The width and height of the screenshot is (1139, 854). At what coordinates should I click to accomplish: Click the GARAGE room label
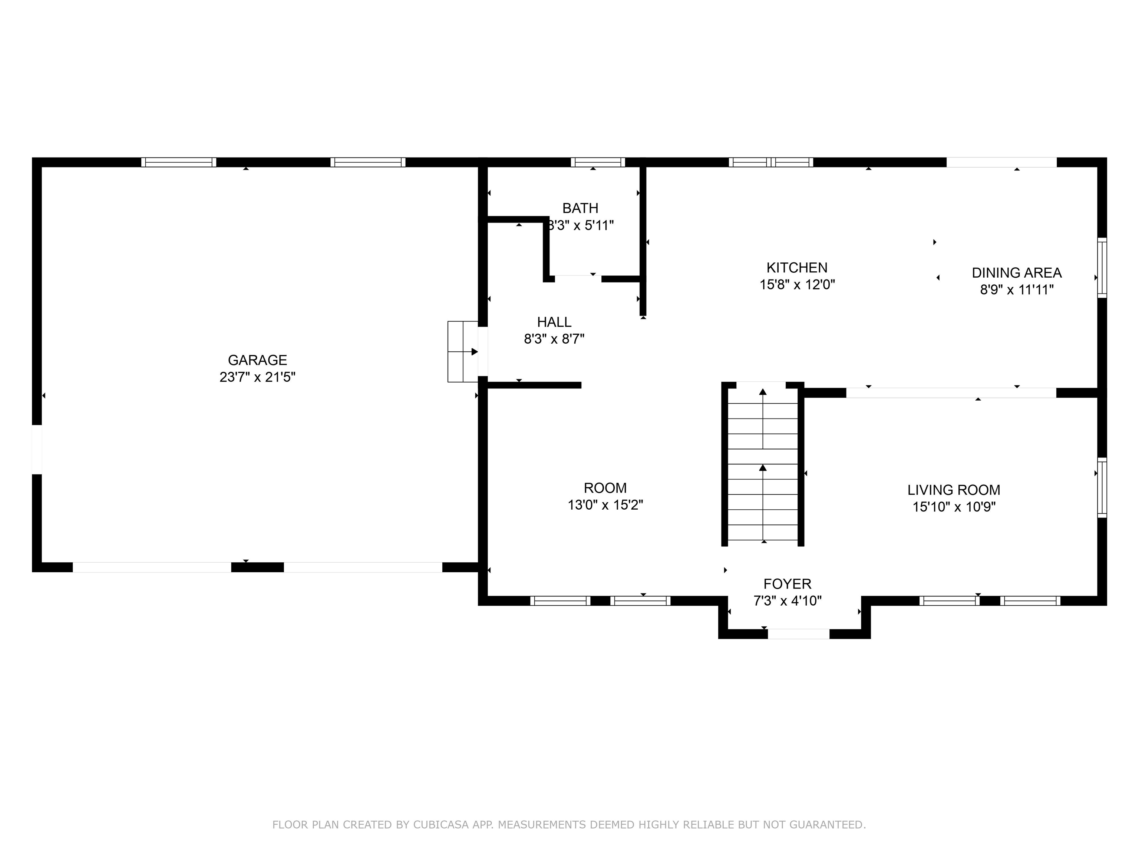pos(257,360)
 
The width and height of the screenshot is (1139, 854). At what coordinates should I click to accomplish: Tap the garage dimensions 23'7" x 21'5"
pos(257,377)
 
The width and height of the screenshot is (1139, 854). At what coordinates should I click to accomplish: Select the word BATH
pos(580,208)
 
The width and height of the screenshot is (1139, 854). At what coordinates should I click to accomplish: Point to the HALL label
pos(554,322)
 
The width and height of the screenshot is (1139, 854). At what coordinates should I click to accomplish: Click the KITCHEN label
pos(796,268)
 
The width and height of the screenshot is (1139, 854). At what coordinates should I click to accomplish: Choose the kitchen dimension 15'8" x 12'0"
pos(796,285)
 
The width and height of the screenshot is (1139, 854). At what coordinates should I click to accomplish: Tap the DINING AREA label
pos(1016,273)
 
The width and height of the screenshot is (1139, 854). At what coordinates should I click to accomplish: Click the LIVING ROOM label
pos(954,490)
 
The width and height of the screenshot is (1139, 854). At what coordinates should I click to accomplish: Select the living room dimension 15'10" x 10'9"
pos(954,507)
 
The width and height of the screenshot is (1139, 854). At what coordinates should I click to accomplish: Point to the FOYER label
pos(787,584)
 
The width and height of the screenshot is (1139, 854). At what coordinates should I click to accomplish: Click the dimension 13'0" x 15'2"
pos(605,505)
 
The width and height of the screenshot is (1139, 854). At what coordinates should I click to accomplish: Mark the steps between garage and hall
pos(462,352)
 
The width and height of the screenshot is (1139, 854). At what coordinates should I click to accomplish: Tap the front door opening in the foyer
pos(798,634)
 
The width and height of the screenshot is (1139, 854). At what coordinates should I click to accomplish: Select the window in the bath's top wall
pos(597,162)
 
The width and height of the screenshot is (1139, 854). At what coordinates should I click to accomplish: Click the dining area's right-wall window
pos(1102,267)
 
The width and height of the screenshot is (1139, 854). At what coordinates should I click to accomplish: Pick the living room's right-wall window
pos(1102,487)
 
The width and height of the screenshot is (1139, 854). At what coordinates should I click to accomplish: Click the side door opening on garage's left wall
pos(37,449)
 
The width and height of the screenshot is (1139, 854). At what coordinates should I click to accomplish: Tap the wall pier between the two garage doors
pos(257,567)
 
